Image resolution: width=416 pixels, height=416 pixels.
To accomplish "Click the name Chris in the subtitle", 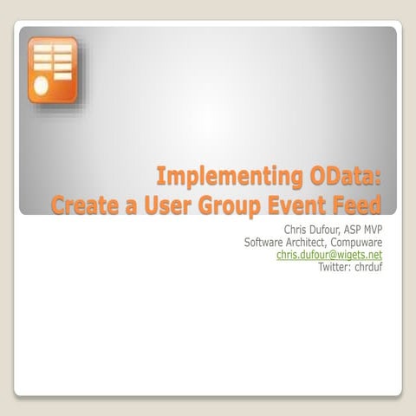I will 297,230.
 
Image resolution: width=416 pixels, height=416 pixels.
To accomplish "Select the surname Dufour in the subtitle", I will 329,230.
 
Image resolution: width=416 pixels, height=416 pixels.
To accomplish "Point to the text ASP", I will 360,230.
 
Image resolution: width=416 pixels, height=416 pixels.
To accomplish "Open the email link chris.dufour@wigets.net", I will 328,256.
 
